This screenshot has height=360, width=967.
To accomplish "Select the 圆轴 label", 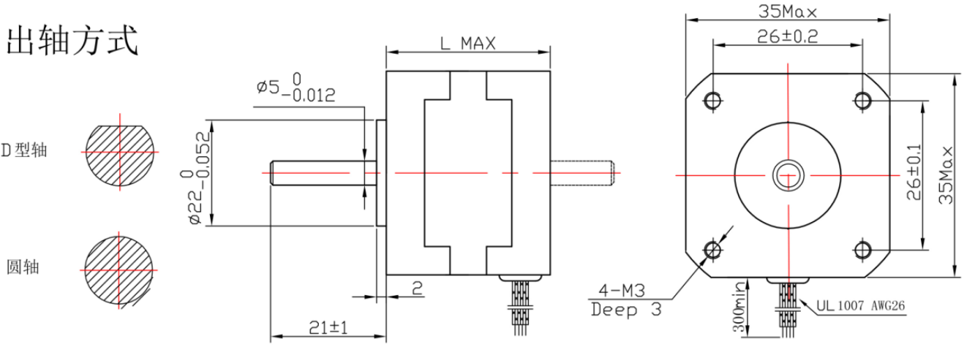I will tap(22, 267).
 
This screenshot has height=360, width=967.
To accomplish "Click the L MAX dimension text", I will tap(467, 43).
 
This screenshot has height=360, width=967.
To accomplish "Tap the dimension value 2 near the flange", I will tap(417, 287).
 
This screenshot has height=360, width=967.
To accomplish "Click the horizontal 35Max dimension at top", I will tap(788, 11).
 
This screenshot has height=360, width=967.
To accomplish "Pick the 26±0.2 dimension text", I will tap(787, 37).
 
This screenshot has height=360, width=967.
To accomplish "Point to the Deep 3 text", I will tap(626, 310).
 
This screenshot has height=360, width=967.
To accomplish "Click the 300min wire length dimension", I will tap(737, 307).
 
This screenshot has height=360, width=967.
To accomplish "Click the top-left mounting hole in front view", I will tap(712, 100).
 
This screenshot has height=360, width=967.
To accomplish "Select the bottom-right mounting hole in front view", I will tap(863, 249).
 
